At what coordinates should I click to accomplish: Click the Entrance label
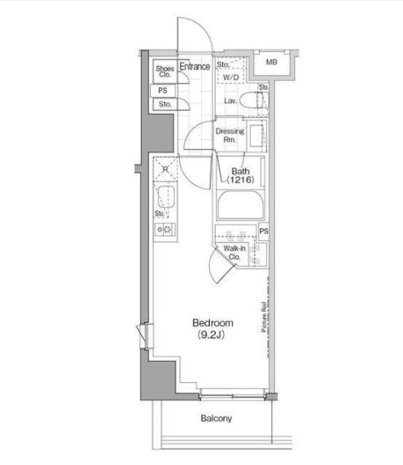195,67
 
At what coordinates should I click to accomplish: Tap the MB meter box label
271,62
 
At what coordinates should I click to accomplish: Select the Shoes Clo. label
165,72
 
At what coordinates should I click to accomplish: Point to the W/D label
230,77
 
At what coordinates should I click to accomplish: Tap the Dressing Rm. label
230,135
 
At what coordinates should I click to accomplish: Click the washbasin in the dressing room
256,136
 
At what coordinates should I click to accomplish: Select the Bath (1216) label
240,175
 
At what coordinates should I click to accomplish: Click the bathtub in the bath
240,205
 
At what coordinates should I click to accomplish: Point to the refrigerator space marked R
165,169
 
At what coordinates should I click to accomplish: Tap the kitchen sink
166,196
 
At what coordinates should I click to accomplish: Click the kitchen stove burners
164,229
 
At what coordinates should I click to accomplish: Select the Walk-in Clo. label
234,252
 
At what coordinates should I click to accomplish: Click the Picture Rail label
264,317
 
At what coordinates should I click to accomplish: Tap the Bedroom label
212,322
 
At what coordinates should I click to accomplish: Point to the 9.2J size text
211,335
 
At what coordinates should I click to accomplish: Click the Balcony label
217,419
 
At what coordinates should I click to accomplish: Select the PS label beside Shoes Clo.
163,90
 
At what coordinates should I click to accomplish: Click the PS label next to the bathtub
264,230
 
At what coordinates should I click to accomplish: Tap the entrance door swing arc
204,28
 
